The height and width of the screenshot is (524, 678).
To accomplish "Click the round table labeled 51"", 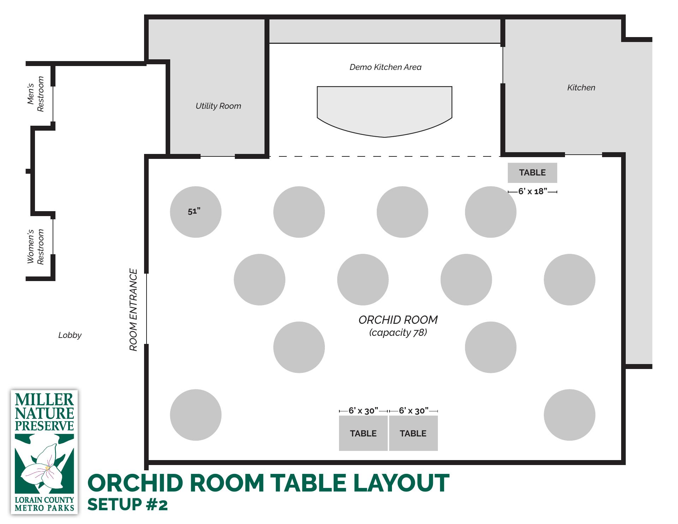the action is pyautogui.click(x=196, y=212).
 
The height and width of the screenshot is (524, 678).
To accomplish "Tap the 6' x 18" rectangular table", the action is pyautogui.click(x=533, y=173).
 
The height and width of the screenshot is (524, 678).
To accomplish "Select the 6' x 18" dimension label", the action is pyautogui.click(x=533, y=191).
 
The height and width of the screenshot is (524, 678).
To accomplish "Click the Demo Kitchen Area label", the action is pyautogui.click(x=385, y=67).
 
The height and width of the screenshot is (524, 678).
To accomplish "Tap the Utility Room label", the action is pyautogui.click(x=218, y=106).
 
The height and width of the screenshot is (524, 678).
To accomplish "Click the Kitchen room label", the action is pyautogui.click(x=581, y=88).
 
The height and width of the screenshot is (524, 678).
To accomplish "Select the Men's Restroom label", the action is pyautogui.click(x=36, y=94).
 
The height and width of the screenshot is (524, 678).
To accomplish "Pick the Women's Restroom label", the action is pyautogui.click(x=36, y=246).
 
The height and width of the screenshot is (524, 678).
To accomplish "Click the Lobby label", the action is pyautogui.click(x=70, y=335).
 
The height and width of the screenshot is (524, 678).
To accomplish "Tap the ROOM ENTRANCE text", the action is pyautogui.click(x=133, y=310).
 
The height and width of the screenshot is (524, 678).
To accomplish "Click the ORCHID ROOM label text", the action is pyautogui.click(x=398, y=320).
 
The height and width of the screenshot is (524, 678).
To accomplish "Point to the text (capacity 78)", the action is pyautogui.click(x=398, y=333).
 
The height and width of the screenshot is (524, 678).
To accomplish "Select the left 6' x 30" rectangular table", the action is pyautogui.click(x=363, y=433).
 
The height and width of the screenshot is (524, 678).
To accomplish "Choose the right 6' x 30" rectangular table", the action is pyautogui.click(x=414, y=433).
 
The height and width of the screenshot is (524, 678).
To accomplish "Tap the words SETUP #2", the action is pyautogui.click(x=128, y=505).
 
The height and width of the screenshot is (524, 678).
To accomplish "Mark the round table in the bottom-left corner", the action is pyautogui.click(x=196, y=415).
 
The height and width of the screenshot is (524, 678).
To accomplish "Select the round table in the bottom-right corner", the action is pyautogui.click(x=570, y=415).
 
